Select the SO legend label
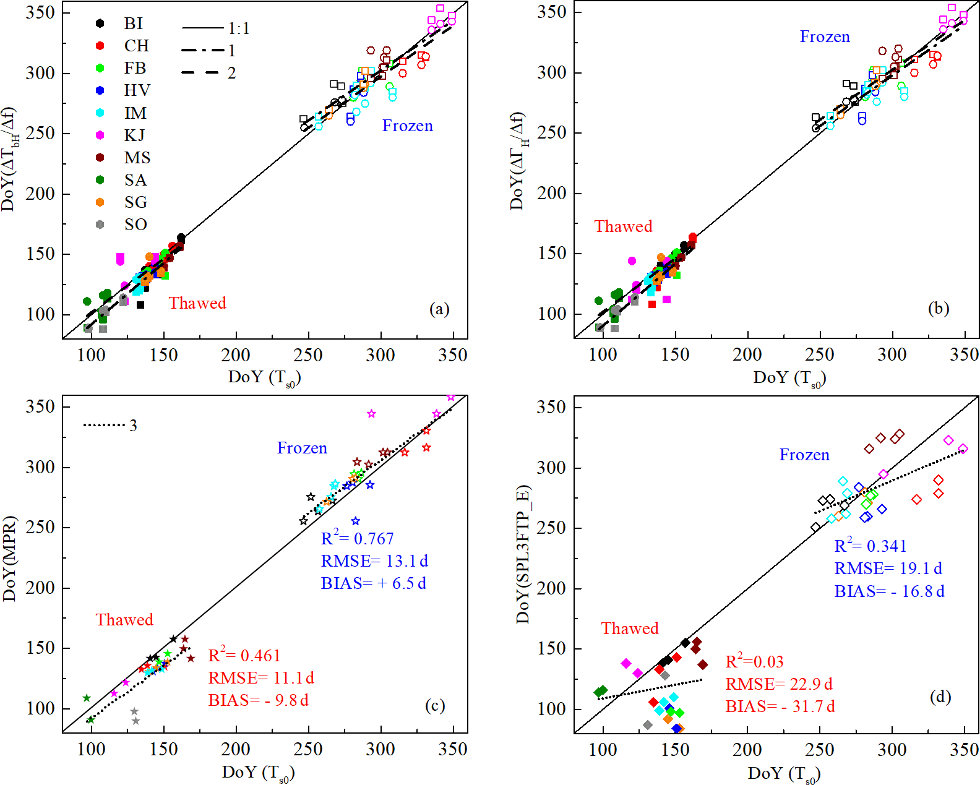(135, 225)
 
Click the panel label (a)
(439, 309)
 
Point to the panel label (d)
(940, 697)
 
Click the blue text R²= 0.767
(357, 538)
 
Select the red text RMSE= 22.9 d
(779, 684)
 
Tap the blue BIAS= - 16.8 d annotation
(889, 591)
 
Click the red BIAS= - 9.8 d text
(258, 700)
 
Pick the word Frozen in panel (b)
(825, 37)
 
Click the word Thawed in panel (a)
(197, 303)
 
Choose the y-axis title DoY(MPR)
(9, 558)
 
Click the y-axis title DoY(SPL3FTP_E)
(523, 554)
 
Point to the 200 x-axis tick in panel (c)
(236, 749)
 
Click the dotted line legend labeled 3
(110, 425)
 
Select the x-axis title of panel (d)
(784, 774)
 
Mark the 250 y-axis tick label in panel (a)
(40, 133)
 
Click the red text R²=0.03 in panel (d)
(754, 662)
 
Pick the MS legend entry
(137, 158)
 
